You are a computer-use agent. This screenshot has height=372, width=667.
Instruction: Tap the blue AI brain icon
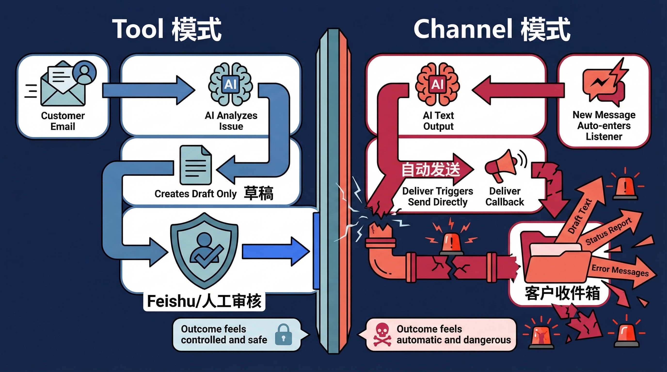coord(230,84)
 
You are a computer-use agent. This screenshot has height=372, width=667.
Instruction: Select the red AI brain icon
coord(437,84)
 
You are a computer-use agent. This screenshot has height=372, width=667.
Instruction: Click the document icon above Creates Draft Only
coord(196,165)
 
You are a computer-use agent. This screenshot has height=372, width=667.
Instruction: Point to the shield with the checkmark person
coord(205,250)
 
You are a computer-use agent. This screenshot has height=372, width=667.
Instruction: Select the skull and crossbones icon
coord(382,334)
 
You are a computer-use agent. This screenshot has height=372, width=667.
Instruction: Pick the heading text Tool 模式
coord(167,29)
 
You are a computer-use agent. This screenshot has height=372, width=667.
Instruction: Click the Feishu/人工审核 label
coord(204,301)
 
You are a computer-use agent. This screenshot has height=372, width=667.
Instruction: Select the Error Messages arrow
coord(621,271)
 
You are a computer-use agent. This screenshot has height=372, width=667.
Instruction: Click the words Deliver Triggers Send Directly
coord(437,196)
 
